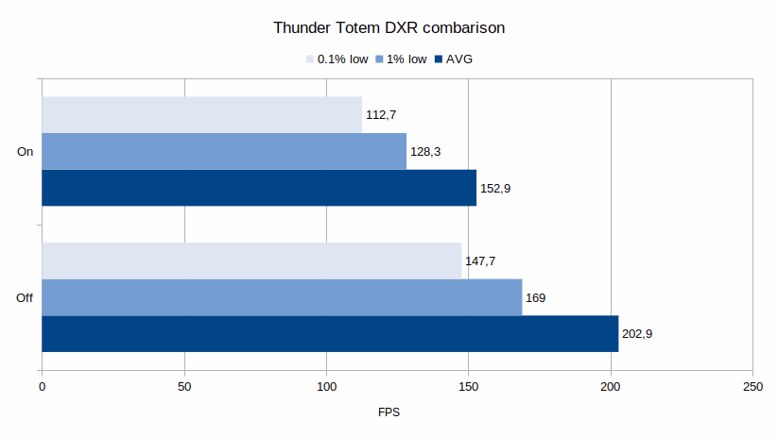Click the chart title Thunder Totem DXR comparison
point(389,27)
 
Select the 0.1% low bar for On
point(201,114)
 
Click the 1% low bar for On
point(224,151)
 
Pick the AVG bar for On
point(259,188)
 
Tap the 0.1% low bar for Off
point(251,261)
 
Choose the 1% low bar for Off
point(282,297)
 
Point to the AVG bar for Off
point(330,334)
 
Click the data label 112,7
point(381,115)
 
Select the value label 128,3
point(425,152)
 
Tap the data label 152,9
point(495,189)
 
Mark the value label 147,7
point(480,261)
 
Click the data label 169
point(535,298)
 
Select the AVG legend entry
point(459,59)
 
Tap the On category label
point(26,151)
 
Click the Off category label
point(26,298)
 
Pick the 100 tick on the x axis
point(326,387)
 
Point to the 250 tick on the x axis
point(752,387)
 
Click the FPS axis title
point(389,412)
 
